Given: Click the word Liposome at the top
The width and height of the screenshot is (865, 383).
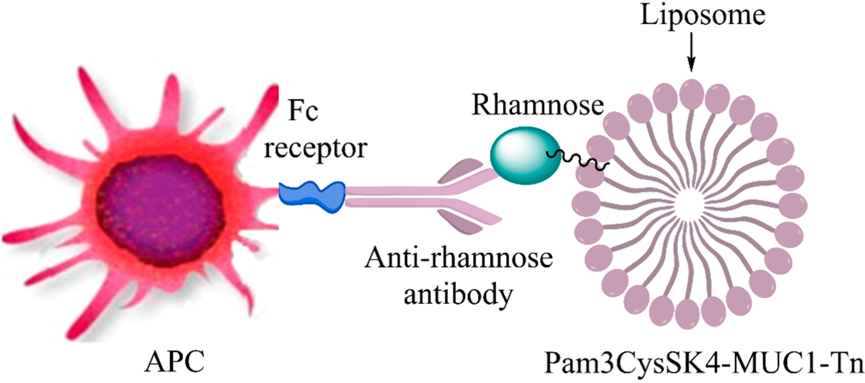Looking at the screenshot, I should [x=702, y=16].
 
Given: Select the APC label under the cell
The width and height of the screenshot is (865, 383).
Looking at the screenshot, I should [x=175, y=362].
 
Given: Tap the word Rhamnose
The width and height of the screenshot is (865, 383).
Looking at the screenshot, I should [x=538, y=106].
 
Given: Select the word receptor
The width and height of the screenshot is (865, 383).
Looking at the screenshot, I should [x=315, y=148].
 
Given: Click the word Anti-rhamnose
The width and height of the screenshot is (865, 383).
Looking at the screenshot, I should [x=458, y=258].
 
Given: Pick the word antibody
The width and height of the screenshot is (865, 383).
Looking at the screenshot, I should [x=458, y=295].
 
